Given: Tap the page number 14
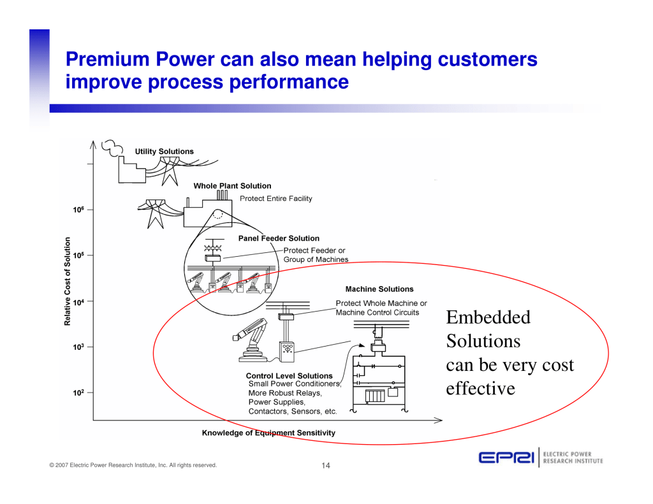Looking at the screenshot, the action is click(326, 465).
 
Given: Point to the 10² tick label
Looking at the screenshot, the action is click(78, 392).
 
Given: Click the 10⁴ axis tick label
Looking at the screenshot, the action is click(78, 302).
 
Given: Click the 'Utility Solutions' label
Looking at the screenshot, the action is click(164, 152).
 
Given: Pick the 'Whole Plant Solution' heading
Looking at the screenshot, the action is click(232, 186).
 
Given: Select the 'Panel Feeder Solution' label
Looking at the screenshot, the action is click(279, 238).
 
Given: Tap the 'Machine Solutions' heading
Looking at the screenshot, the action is click(379, 289).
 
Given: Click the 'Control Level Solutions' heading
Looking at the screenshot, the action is click(289, 376).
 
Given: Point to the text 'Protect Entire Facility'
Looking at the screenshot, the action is click(275, 199).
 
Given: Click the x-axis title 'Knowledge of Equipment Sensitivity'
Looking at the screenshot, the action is click(268, 433).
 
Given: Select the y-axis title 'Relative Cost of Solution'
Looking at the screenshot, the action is click(68, 282).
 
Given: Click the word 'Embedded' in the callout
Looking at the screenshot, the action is click(488, 317).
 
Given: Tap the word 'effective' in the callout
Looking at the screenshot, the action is click(481, 389).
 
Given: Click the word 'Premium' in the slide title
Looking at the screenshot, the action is click(107, 59).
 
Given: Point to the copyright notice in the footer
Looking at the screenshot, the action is click(133, 465).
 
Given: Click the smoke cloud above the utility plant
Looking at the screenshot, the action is click(112, 148).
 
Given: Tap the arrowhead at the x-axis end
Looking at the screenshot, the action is click(439, 421).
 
